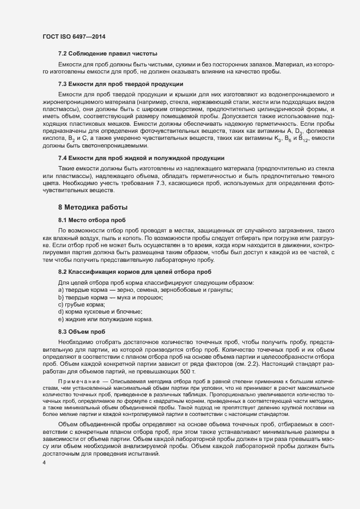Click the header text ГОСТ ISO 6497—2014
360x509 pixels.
pos(74,36)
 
